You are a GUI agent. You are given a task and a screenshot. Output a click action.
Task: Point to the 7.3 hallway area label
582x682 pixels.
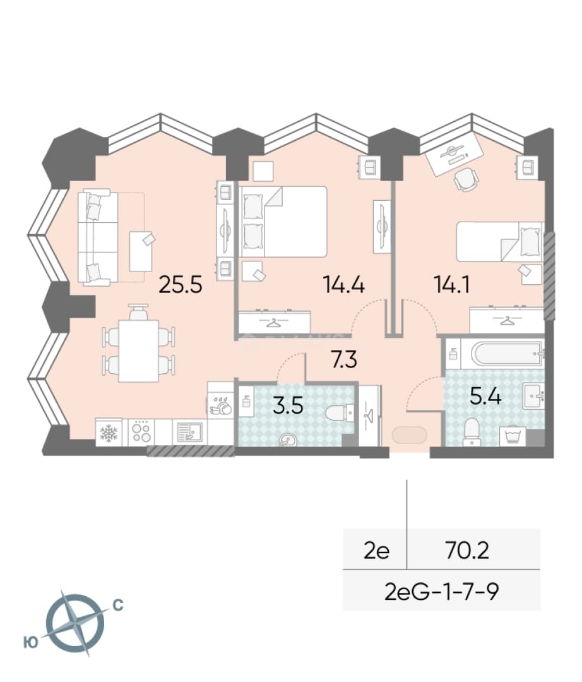point(344,360)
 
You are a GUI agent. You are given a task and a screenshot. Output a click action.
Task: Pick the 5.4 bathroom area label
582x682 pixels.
point(486,397)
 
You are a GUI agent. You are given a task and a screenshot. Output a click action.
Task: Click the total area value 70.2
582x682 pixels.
point(467,551)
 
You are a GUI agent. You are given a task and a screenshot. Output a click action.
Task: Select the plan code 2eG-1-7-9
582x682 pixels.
point(442,591)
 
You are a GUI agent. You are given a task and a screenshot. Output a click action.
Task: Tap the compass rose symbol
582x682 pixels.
point(74,623)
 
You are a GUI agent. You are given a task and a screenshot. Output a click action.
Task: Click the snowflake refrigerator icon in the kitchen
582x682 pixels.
point(109,433)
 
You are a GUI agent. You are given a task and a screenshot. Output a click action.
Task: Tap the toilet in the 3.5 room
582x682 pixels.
point(340,412)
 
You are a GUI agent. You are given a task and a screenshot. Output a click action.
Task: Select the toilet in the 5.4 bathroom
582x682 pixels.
point(471,432)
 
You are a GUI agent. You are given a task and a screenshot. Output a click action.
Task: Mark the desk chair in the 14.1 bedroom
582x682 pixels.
point(466,179)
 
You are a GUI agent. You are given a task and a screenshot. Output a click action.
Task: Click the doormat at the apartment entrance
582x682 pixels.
point(410,434)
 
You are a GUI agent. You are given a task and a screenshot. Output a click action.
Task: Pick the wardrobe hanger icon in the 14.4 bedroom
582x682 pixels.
point(274,322)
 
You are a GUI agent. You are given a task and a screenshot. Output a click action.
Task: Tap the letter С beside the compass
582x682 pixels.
point(118,605)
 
